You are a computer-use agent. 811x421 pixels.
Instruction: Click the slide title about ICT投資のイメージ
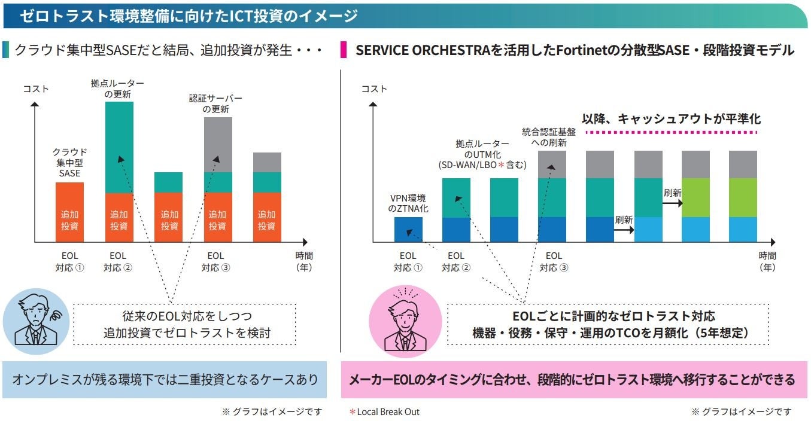click(x=189, y=16)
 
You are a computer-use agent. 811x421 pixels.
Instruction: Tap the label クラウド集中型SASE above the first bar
click(x=70, y=163)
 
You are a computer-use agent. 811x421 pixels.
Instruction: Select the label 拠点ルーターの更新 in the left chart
click(x=117, y=89)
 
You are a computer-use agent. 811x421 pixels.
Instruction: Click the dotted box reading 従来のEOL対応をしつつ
click(x=184, y=324)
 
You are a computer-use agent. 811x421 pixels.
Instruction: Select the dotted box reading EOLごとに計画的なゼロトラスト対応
click(x=610, y=324)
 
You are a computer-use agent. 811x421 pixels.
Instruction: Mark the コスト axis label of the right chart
click(x=374, y=89)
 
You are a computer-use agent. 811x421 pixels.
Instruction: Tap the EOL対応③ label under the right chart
click(x=554, y=261)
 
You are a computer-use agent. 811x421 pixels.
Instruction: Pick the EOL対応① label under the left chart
click(x=70, y=261)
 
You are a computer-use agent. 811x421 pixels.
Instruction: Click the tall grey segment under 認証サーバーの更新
click(x=218, y=145)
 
